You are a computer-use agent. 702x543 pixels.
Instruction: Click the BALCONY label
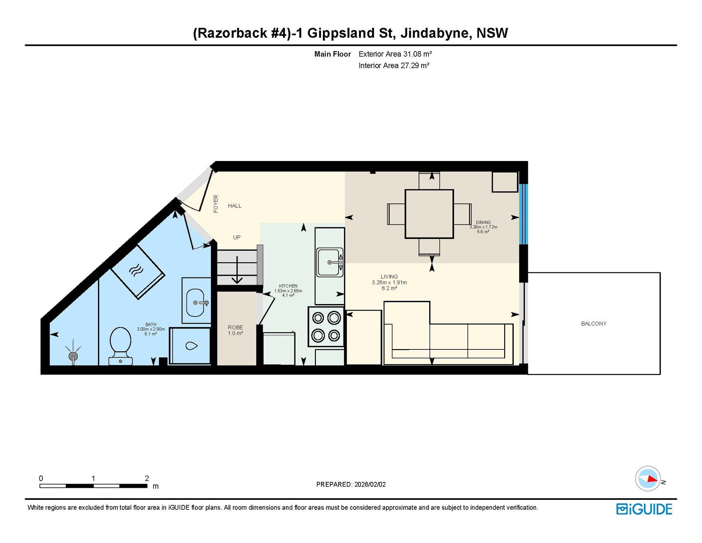593,323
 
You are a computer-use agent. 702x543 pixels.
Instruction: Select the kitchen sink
329,262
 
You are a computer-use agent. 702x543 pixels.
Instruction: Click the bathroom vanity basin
196,303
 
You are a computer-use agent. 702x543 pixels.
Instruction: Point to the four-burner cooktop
326,326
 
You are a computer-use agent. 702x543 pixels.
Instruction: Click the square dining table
429,214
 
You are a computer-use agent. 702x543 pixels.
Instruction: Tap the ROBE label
235,327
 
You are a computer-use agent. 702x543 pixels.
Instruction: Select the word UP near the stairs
237,237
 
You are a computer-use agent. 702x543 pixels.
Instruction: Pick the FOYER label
216,204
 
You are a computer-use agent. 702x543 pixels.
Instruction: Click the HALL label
235,206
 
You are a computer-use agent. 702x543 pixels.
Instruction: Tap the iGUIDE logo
644,509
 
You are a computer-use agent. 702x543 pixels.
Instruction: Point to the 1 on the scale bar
93,478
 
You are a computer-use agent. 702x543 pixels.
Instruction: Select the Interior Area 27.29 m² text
394,65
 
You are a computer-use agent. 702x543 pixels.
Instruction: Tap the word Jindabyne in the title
434,33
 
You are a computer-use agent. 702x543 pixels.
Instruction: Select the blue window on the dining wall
523,214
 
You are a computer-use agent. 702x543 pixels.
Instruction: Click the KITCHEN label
288,286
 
